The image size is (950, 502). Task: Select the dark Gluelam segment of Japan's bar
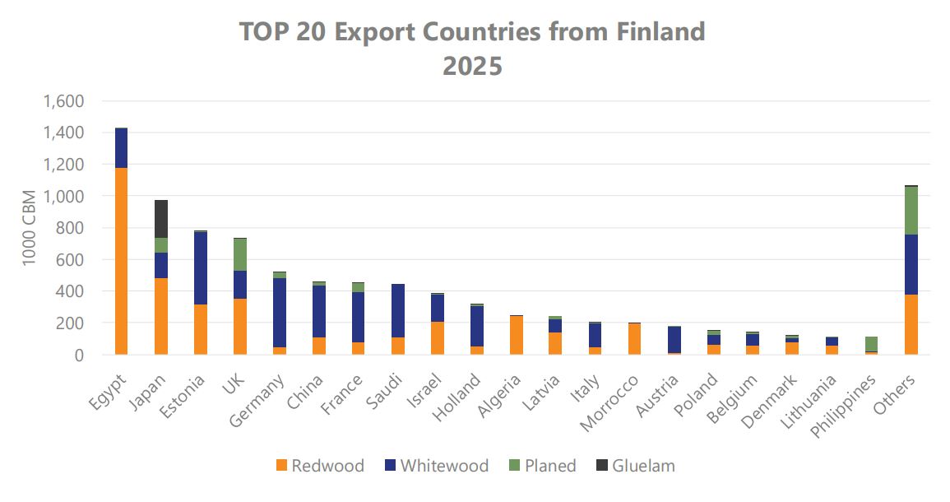[x=160, y=219]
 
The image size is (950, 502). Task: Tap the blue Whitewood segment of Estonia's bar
[x=200, y=268]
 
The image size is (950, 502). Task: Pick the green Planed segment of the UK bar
[x=239, y=254]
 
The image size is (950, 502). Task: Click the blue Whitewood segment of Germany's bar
[x=279, y=313]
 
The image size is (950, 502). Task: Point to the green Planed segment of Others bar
[x=911, y=211]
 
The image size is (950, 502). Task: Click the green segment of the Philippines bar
[x=871, y=344]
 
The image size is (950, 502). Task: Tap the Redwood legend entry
[x=318, y=466]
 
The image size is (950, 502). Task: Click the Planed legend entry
[x=540, y=466]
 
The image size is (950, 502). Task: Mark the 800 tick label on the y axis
[x=70, y=228]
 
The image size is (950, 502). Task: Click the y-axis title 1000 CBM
[x=30, y=228]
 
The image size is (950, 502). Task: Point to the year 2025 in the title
[x=473, y=66]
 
